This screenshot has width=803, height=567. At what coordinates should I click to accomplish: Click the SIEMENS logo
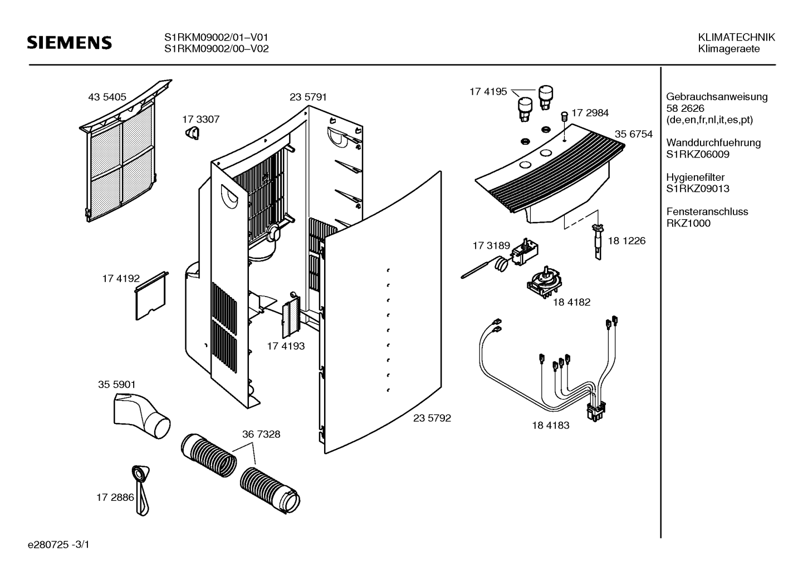[x=70, y=43]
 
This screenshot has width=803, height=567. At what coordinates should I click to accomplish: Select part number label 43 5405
[x=107, y=97]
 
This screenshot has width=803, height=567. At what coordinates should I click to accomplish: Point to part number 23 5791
[x=308, y=97]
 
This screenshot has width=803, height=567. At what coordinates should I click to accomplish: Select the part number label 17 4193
[x=286, y=346]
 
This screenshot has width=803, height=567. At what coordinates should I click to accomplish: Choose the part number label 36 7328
[x=261, y=434]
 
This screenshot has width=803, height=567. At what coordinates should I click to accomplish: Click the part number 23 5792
[x=432, y=418]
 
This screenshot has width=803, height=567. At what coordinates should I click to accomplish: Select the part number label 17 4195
[x=488, y=92]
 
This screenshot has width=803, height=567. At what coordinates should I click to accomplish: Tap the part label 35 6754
[x=634, y=134]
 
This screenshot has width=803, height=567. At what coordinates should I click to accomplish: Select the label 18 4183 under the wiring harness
[x=550, y=425]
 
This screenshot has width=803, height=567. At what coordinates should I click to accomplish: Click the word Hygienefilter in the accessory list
[x=696, y=177]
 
